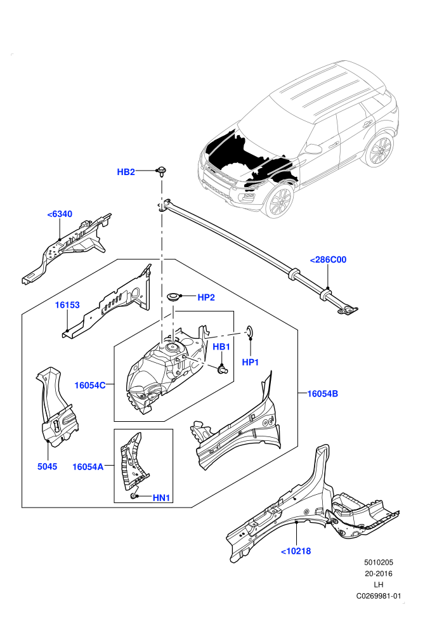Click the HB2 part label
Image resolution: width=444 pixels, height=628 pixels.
[126, 172]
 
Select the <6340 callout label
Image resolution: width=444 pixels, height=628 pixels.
[60, 214]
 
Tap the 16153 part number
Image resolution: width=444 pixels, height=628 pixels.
[67, 304]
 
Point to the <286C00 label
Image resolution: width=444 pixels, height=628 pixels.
[328, 259]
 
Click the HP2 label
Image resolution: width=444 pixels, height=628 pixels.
[206, 297]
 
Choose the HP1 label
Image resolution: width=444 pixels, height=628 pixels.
[250, 362]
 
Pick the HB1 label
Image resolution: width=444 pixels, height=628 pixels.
[221, 347]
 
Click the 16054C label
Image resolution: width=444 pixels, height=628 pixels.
[90, 385]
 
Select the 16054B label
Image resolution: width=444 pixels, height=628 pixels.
[322, 394]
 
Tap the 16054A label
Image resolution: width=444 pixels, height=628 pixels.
[88, 467]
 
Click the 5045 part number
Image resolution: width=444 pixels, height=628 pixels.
[47, 466]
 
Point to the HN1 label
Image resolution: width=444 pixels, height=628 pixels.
[161, 498]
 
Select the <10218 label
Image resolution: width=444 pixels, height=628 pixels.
[296, 551]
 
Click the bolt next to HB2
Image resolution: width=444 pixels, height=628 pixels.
[162, 171]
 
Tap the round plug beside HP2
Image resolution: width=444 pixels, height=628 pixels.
[173, 296]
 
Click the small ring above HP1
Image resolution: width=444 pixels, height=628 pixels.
[249, 330]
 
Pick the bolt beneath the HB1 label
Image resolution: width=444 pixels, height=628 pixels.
[222, 369]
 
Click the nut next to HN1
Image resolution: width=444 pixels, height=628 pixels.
[133, 497]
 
